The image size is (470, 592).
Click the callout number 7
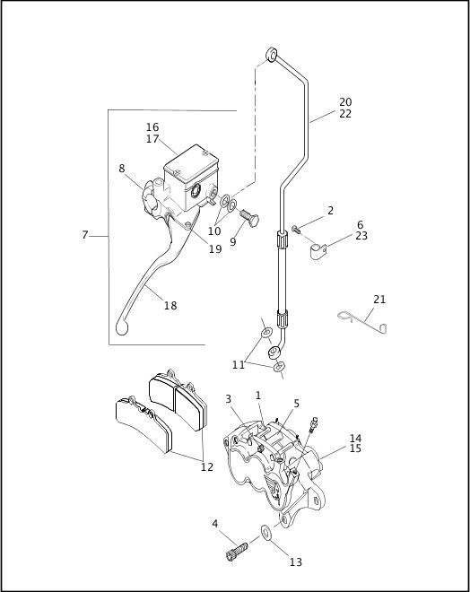click(85, 235)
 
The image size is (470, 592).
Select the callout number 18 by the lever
click(170, 306)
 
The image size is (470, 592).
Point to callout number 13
click(295, 562)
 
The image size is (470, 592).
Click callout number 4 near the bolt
click(214, 523)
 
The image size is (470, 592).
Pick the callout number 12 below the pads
click(206, 466)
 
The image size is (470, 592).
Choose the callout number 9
click(233, 241)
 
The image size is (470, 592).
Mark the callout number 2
click(330, 211)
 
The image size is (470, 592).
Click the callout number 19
click(215, 249)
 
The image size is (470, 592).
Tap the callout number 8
click(122, 168)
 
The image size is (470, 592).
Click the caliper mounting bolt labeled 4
click(239, 544)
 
